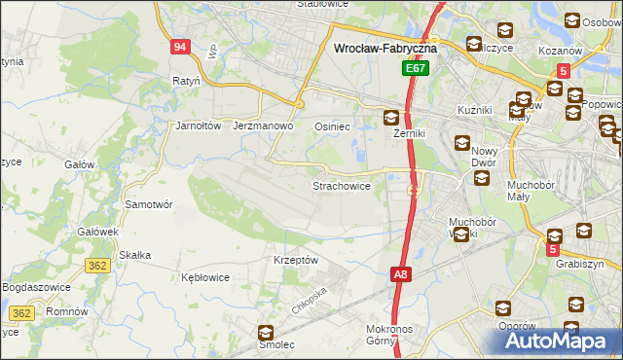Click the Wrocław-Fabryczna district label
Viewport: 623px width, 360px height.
pyautogui.click(x=385, y=47)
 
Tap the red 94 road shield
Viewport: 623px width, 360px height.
pyautogui.click(x=178, y=48)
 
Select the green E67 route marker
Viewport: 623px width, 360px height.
pyautogui.click(x=417, y=70)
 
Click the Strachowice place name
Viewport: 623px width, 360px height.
pyautogui.click(x=341, y=185)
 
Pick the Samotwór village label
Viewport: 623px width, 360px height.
pyautogui.click(x=149, y=204)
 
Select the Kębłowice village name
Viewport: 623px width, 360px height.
pyautogui.click(x=205, y=277)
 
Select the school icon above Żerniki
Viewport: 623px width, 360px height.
pyautogui.click(x=390, y=119)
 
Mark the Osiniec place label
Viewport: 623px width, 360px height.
pyautogui.click(x=332, y=126)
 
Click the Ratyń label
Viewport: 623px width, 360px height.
pyautogui.click(x=185, y=81)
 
